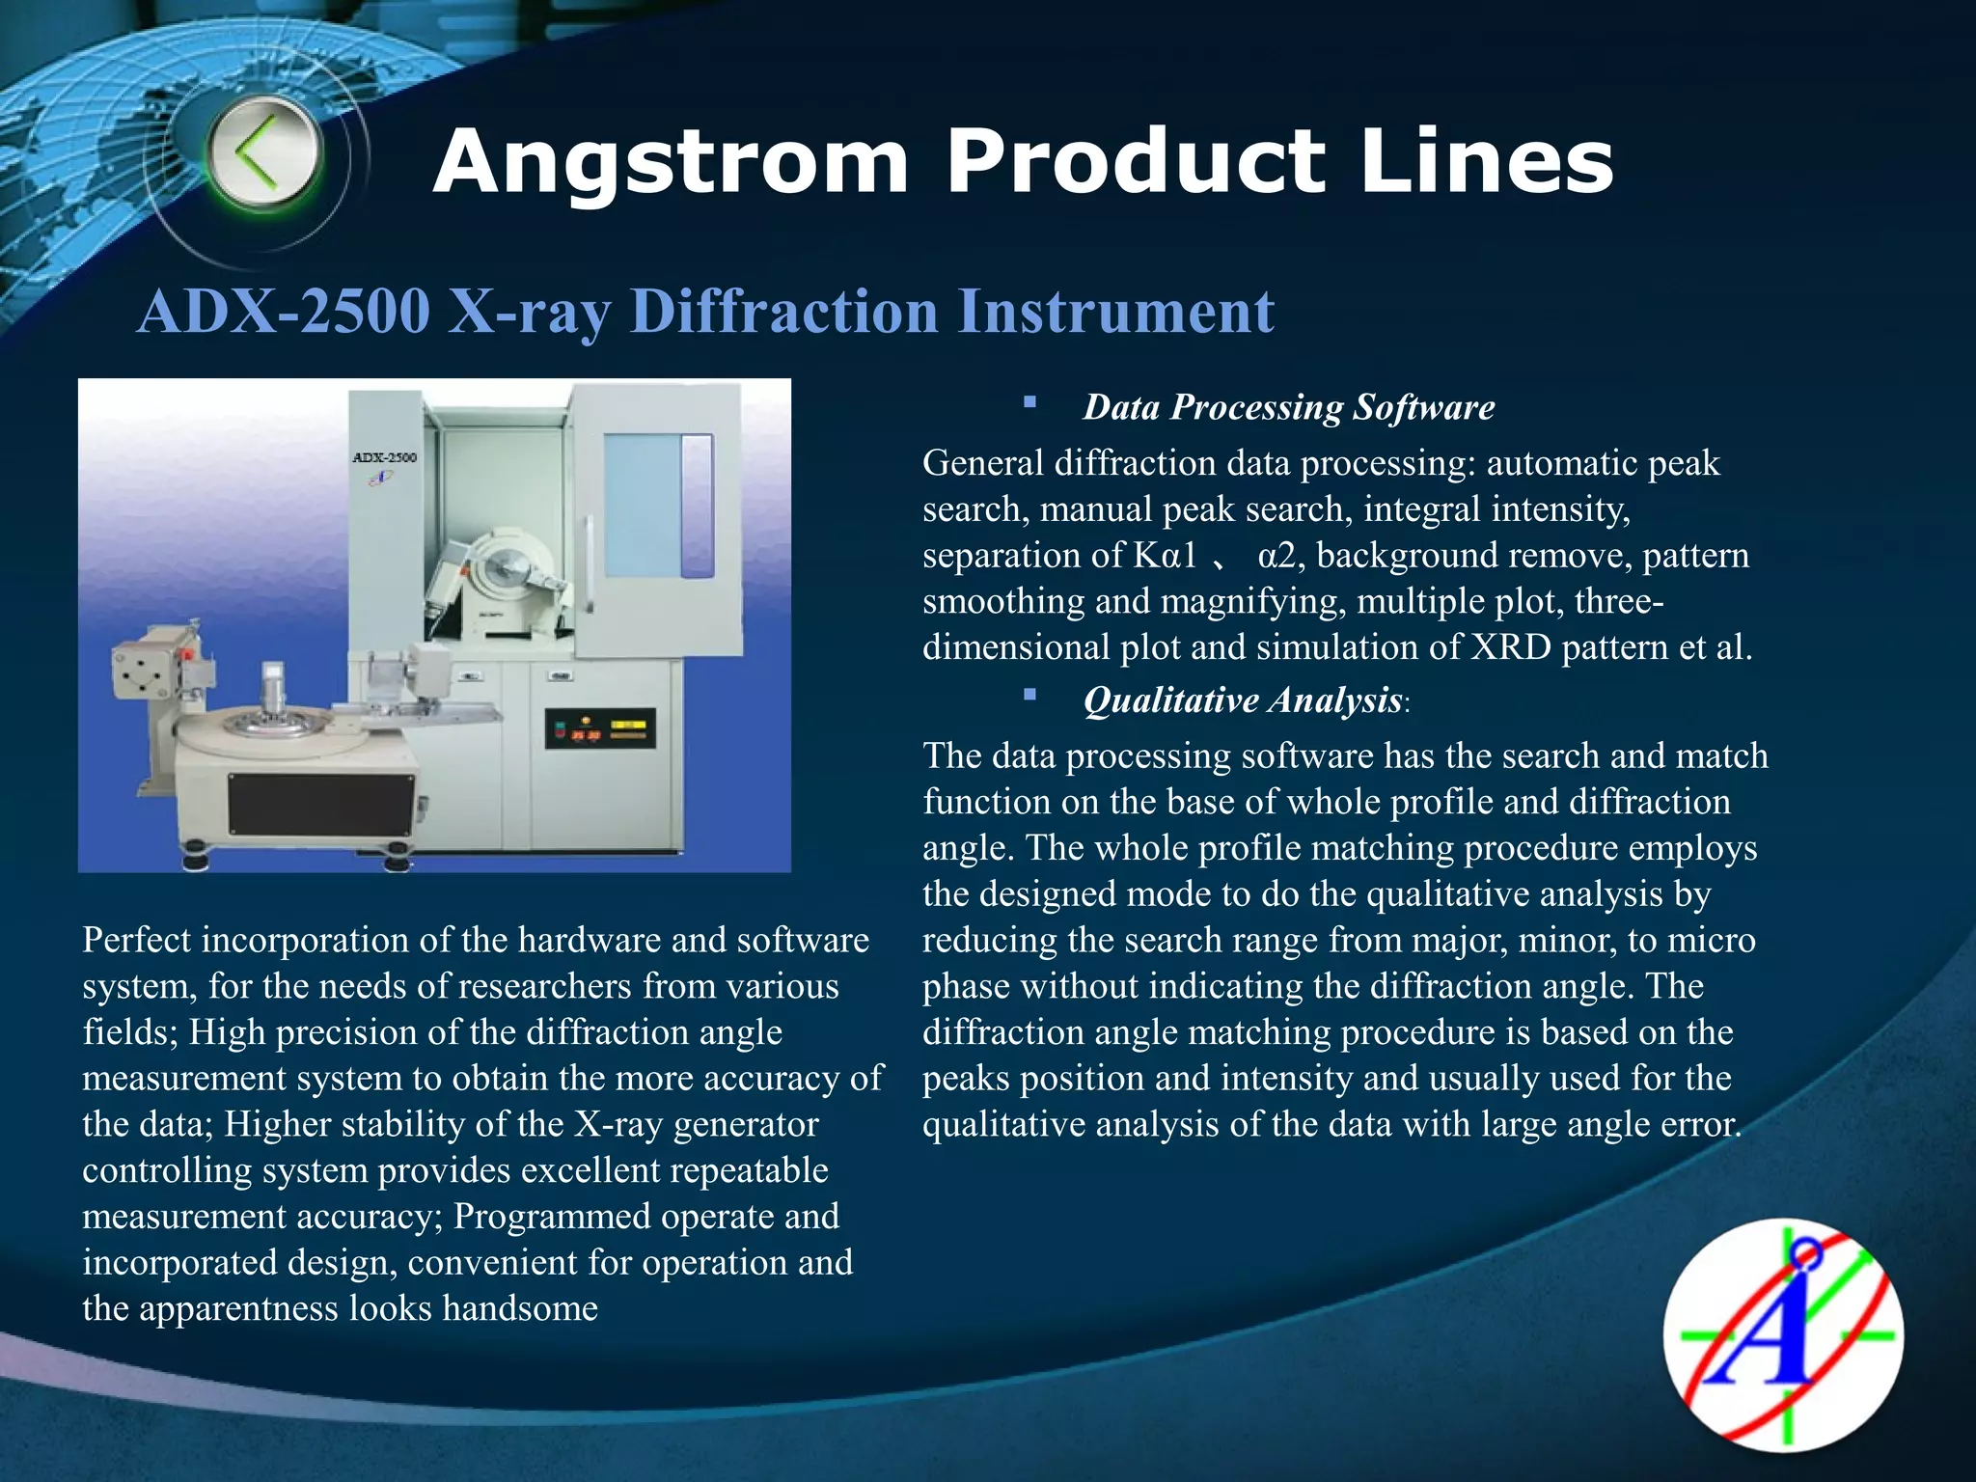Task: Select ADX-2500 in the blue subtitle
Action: pyautogui.click(x=284, y=312)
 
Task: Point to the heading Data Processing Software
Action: pyautogui.click(x=1288, y=407)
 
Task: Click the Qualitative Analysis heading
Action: pyautogui.click(x=1243, y=700)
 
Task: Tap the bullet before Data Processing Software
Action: pyautogui.click(x=1029, y=400)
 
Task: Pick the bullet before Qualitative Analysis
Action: pyautogui.click(x=1029, y=693)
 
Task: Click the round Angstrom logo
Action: pyautogui.click(x=1783, y=1336)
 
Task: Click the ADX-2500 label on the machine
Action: pyautogui.click(x=384, y=456)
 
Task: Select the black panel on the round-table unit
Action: pyautogui.click(x=322, y=804)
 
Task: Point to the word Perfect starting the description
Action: pyautogui.click(x=136, y=940)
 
